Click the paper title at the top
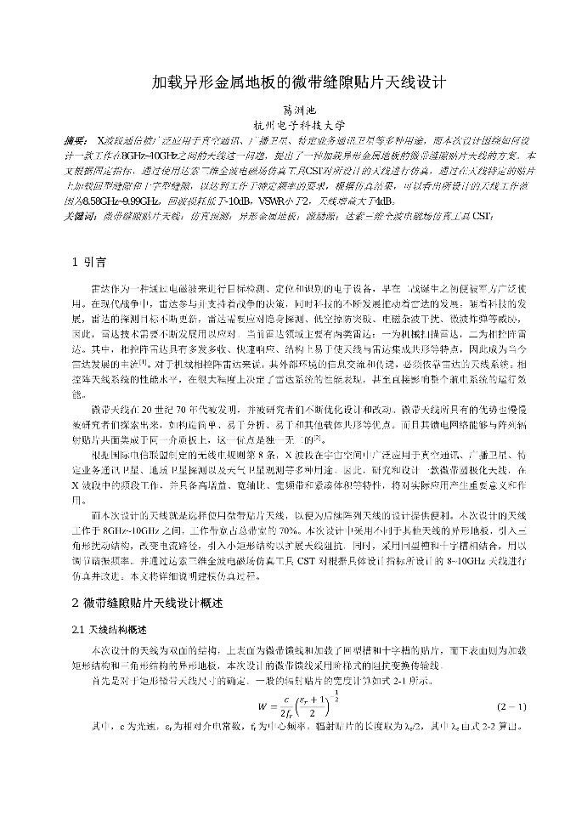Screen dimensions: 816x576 click(287, 82)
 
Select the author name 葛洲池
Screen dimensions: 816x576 click(288, 110)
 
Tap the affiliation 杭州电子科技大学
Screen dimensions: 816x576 click(288, 125)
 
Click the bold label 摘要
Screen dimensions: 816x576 click(75, 139)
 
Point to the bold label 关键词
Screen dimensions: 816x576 click(78, 217)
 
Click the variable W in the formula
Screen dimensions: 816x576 click(261, 705)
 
